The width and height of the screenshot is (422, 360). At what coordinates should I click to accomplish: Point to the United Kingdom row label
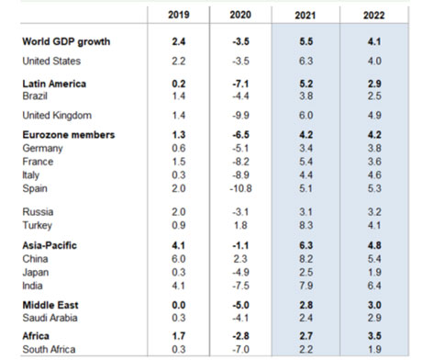(x=57, y=116)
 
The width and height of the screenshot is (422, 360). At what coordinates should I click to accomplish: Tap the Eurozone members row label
(x=68, y=134)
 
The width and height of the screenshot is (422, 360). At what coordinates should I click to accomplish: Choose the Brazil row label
(x=36, y=95)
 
